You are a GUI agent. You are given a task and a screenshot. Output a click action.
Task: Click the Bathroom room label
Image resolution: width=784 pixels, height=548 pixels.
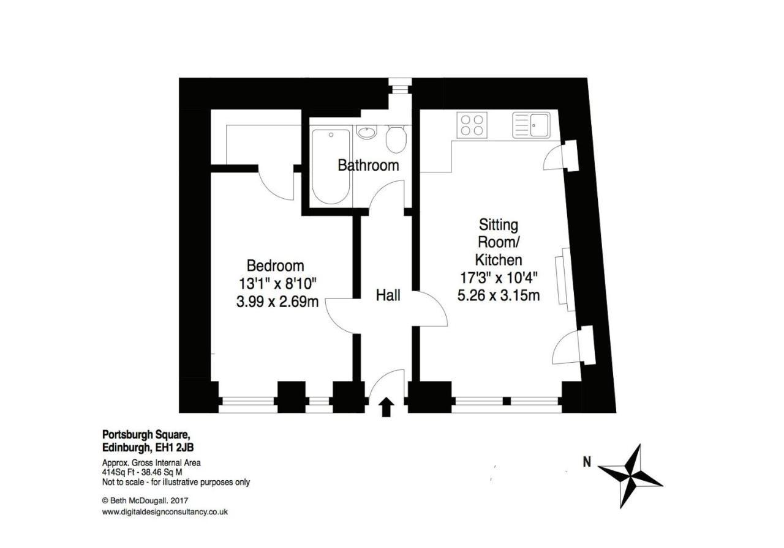368,165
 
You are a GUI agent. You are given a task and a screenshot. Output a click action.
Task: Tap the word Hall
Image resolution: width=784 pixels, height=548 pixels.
388,295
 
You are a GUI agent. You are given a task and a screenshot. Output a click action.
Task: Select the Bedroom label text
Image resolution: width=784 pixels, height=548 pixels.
276,266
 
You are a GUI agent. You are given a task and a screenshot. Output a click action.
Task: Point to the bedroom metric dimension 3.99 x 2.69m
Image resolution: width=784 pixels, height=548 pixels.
277,302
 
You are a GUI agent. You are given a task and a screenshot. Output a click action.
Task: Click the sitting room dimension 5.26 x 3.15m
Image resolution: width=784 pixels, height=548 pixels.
499,295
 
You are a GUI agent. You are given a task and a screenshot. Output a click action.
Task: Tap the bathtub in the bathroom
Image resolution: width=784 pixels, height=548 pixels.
331,166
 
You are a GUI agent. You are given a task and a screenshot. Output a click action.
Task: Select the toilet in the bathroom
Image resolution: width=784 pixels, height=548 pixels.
396,139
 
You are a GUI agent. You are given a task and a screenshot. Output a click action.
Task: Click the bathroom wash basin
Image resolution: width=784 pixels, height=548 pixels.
367,131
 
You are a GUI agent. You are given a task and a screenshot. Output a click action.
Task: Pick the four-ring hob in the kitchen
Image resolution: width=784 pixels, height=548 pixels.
472,125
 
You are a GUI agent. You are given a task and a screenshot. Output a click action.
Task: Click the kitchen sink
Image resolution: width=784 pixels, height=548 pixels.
531,125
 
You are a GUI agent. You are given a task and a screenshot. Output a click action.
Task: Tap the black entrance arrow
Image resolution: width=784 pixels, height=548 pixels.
386,407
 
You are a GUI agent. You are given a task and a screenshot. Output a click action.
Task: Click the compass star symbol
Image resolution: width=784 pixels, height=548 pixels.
630,476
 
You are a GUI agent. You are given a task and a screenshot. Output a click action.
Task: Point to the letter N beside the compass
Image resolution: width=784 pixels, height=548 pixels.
587,462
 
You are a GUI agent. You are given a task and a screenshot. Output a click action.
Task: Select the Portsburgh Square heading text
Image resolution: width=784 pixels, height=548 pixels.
146,435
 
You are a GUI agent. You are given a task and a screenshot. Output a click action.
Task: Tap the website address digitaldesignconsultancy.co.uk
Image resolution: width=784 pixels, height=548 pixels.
165,512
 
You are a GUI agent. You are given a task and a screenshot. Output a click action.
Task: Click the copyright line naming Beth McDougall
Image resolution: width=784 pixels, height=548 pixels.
145,501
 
